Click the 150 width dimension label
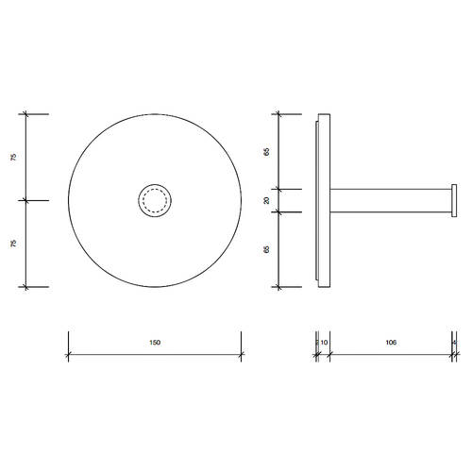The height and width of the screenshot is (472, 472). (x=155, y=343)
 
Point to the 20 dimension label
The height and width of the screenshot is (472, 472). (x=267, y=200)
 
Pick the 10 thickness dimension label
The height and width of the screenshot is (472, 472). (x=324, y=343)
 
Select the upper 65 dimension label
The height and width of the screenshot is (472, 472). (x=267, y=151)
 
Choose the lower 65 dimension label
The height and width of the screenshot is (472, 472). (x=267, y=249)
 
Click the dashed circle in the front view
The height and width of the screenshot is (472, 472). (x=155, y=200)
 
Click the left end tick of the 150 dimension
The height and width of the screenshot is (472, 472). (x=69, y=355)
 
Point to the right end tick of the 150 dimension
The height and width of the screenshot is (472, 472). (x=241, y=355)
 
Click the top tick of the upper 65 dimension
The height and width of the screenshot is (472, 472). (x=278, y=114)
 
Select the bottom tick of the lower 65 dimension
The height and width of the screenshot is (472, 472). (x=278, y=286)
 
